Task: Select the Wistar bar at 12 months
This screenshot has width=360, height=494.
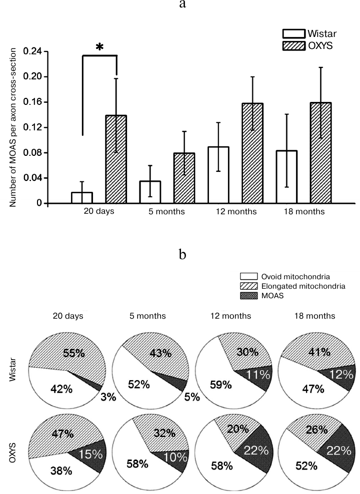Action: tap(218, 175)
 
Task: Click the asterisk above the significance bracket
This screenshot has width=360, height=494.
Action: tap(99, 47)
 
